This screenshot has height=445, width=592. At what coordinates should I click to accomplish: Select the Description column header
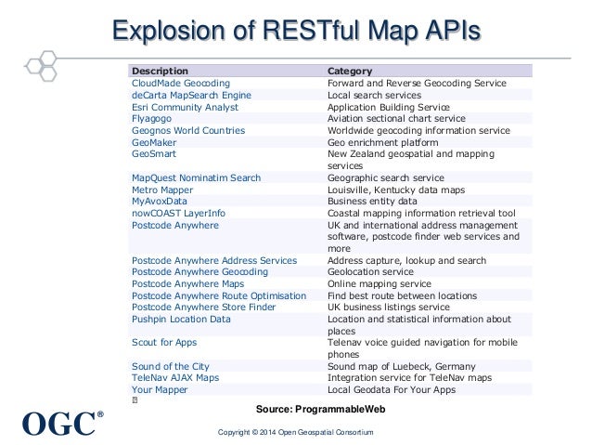point(161,71)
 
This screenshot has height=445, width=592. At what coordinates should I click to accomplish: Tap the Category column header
point(351,71)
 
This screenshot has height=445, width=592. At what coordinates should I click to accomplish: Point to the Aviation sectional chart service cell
point(398,118)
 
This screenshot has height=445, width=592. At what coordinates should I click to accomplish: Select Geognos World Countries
point(188,130)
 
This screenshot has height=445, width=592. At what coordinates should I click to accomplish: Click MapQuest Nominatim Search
point(196,177)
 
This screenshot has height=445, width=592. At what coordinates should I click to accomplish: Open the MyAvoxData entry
point(160,201)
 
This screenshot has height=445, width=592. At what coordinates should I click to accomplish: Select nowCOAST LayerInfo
point(178,213)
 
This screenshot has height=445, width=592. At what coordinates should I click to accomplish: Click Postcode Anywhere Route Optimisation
point(219,295)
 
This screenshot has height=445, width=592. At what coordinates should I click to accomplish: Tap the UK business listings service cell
point(389,308)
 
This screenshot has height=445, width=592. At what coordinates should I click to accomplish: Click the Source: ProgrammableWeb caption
point(320,409)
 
